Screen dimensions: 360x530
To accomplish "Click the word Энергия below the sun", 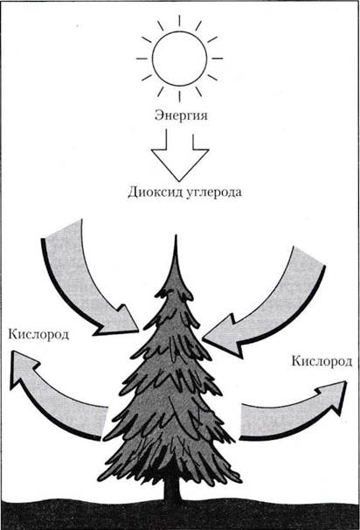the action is pyautogui.click(x=181, y=115).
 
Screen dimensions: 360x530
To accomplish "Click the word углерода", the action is pyautogui.click(x=212, y=193).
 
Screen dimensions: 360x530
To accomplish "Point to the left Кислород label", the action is pyautogui.click(x=38, y=335).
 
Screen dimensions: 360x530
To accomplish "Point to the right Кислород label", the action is pyautogui.click(x=322, y=361).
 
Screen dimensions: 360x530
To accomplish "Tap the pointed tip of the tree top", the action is pyautogui.click(x=176, y=235).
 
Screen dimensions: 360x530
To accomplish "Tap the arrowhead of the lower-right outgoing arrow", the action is pyautogui.click(x=333, y=395).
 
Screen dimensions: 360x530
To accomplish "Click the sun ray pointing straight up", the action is pyautogui.click(x=179, y=21).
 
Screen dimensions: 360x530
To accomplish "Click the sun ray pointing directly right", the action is pyautogui.click(x=218, y=59).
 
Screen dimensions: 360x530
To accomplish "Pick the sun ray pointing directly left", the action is pyautogui.click(x=142, y=59).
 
